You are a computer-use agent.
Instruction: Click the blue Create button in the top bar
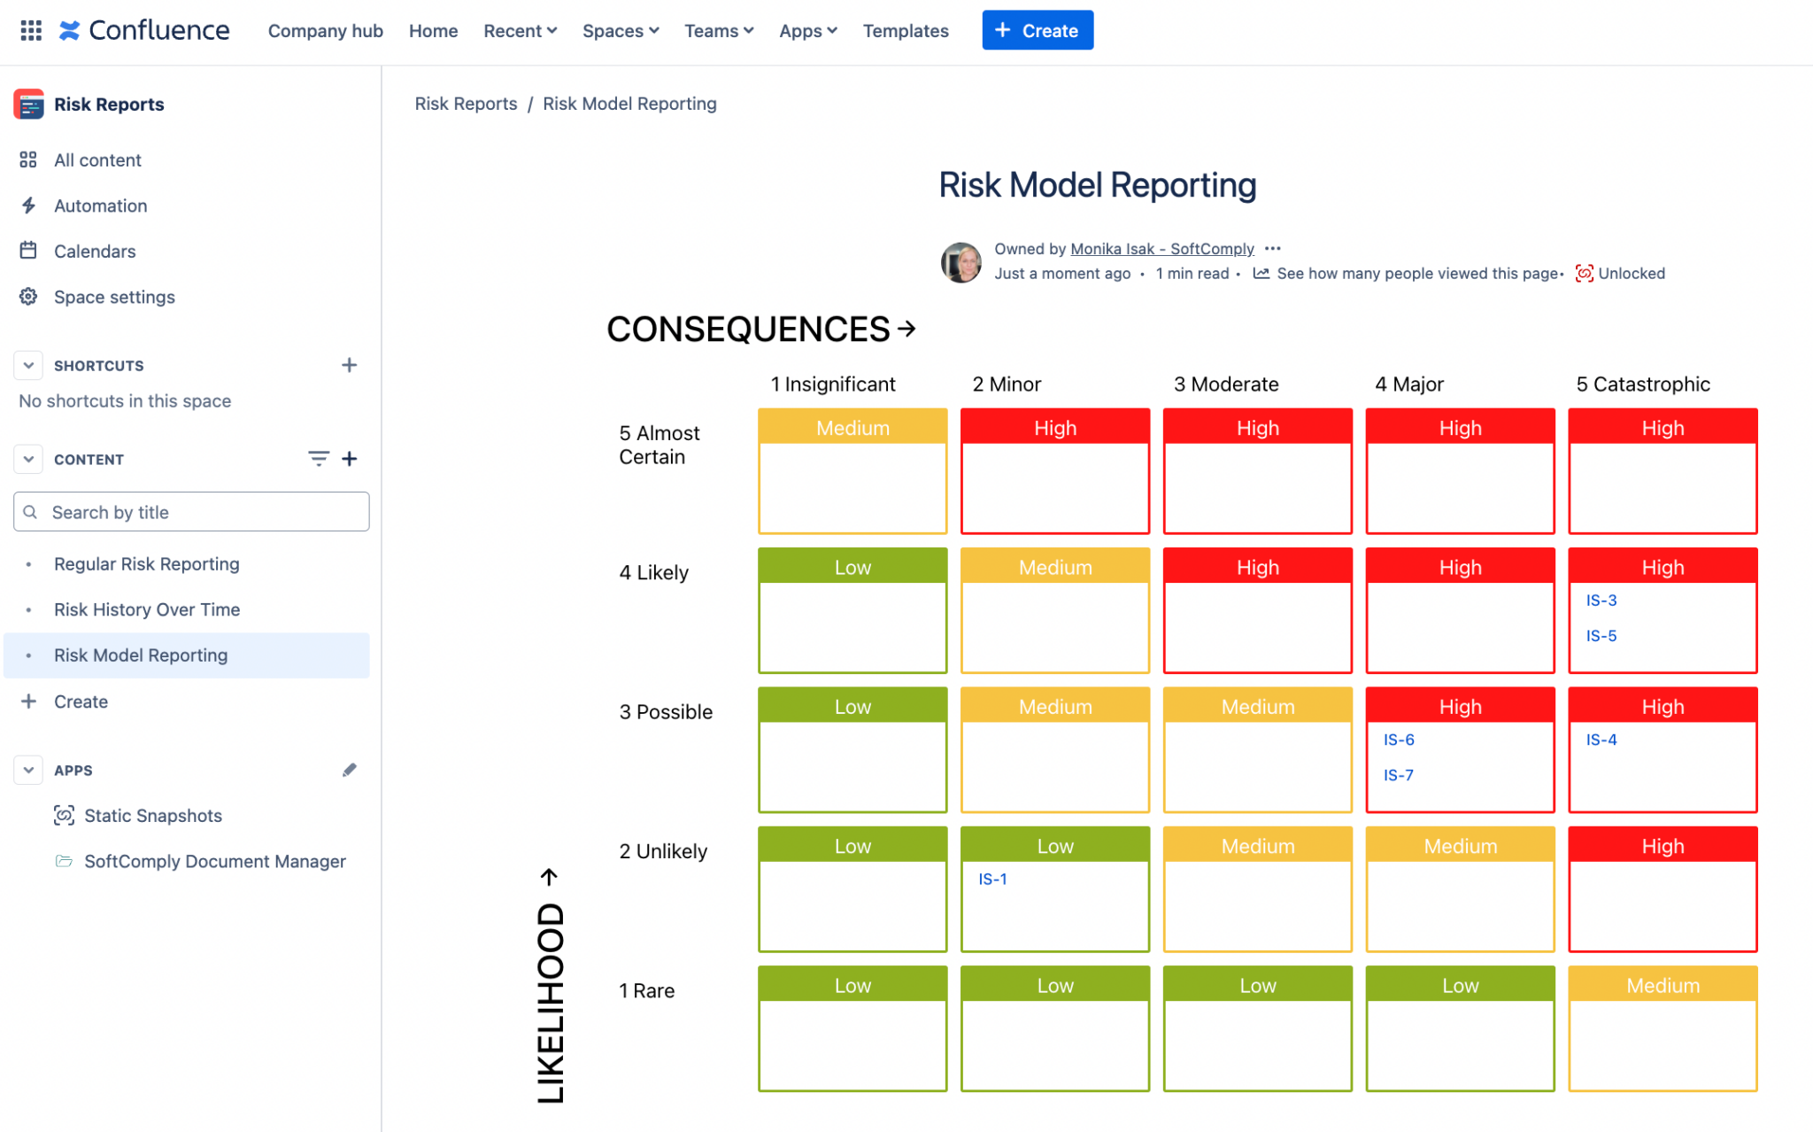coord(1037,30)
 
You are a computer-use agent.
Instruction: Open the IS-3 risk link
coord(1601,600)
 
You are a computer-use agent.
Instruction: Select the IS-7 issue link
coord(1398,775)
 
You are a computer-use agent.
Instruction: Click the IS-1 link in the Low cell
coord(992,879)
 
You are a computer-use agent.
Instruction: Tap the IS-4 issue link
coord(1601,740)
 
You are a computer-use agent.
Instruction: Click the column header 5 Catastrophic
coord(1642,384)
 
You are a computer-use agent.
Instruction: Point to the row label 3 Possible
coord(666,712)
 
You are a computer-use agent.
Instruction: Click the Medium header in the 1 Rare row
coord(1662,985)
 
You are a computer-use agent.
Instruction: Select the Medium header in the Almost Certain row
coord(852,428)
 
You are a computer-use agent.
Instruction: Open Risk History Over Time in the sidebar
coord(147,609)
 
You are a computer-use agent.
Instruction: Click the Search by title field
coord(192,512)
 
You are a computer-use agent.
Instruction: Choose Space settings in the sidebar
coord(114,297)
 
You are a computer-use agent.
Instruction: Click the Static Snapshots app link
coord(152,816)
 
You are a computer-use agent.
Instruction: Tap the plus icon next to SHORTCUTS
coord(349,365)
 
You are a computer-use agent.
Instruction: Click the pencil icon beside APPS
coord(349,770)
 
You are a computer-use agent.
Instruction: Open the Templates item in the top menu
coord(905,31)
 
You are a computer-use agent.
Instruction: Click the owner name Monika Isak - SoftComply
coord(1161,249)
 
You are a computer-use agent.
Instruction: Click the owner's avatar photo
coord(961,262)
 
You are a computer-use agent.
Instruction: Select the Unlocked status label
coord(1630,274)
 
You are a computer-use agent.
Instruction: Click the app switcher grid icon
coord(31,31)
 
